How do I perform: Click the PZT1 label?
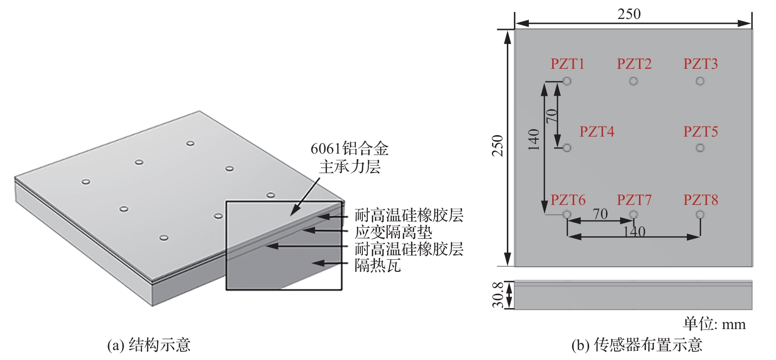pos(567,64)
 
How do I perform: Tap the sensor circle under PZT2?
pos(633,81)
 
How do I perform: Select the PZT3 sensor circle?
pos(700,81)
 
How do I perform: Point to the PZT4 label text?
pos(597,132)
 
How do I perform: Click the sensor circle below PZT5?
pos(700,148)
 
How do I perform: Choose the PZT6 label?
pos(567,200)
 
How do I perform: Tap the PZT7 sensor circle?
pos(633,214)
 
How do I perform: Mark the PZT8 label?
pos(700,200)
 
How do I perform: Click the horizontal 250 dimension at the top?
pos(629,14)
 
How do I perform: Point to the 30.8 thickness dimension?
pos(499,295)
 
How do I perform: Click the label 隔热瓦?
pos(378,266)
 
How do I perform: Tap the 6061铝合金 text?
pos(349,149)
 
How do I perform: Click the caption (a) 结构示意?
pos(149,345)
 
